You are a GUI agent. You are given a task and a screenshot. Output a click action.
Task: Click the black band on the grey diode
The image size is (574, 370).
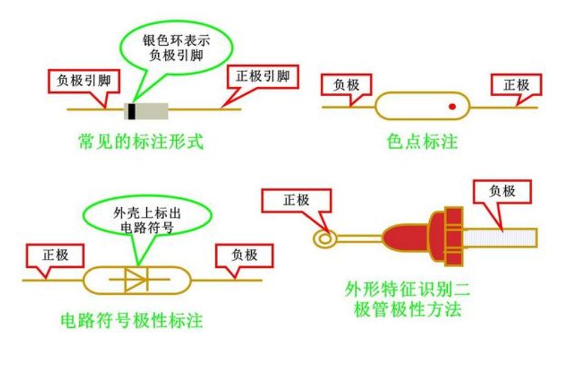[x=132, y=111]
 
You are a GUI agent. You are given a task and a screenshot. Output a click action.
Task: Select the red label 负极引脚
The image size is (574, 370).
[x=84, y=81]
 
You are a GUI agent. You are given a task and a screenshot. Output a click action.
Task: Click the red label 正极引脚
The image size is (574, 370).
[x=262, y=77]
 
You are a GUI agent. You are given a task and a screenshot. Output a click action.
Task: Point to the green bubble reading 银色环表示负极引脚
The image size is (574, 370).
[x=177, y=48]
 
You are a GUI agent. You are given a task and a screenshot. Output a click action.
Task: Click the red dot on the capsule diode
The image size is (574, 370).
[x=452, y=106]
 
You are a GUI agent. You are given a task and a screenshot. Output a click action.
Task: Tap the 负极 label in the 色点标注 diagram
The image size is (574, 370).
[x=346, y=85]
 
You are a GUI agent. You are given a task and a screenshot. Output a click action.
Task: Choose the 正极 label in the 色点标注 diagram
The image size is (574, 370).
[x=516, y=85]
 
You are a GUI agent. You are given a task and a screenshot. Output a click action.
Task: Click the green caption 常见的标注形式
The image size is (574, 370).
[x=141, y=142]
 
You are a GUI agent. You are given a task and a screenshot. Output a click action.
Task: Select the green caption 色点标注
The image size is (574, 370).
[x=422, y=142]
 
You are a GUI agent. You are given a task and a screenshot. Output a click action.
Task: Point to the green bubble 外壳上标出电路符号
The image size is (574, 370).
[x=147, y=220]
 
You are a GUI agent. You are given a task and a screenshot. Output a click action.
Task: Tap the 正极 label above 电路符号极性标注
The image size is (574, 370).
[x=55, y=255]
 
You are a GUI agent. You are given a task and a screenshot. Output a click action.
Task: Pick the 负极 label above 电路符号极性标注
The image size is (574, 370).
[x=244, y=255]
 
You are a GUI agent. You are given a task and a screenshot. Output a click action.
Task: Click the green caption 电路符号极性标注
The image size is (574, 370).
[x=132, y=320]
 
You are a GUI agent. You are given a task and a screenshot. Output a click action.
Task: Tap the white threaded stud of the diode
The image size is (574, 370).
[x=500, y=237]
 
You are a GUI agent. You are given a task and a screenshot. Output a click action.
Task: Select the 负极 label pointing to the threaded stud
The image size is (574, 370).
[x=502, y=191]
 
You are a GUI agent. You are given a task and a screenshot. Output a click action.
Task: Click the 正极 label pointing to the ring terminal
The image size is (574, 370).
[x=296, y=200]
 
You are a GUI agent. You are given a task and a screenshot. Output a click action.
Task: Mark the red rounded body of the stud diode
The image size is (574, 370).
[x=406, y=237]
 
